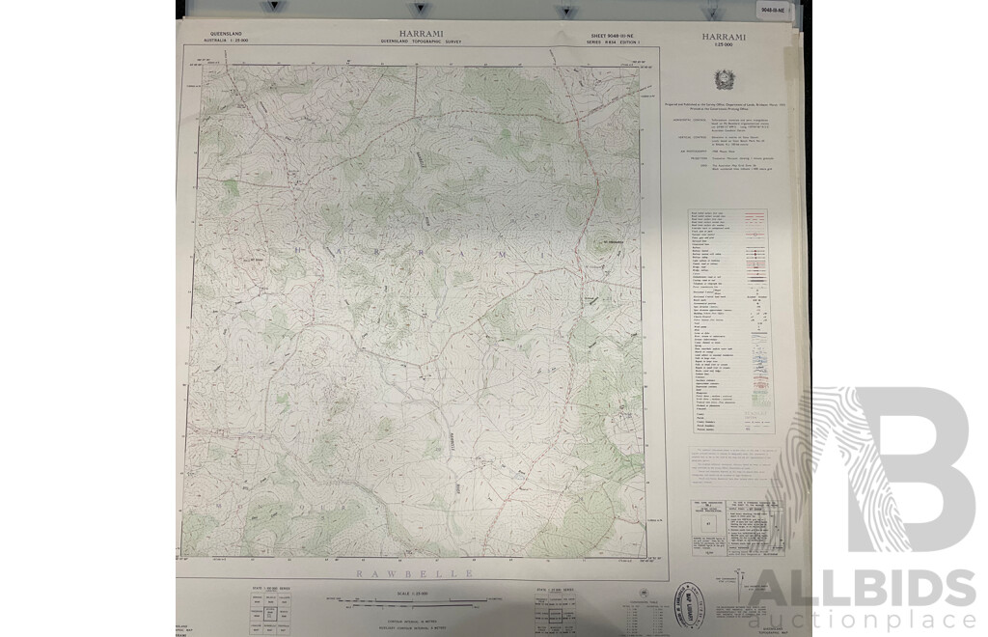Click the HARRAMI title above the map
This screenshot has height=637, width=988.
tap(422, 34)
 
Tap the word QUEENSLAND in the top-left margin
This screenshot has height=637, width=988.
tap(224, 34)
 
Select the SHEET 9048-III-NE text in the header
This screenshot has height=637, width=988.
tap(611, 35)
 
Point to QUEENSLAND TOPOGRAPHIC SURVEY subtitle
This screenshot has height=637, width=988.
tap(422, 43)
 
